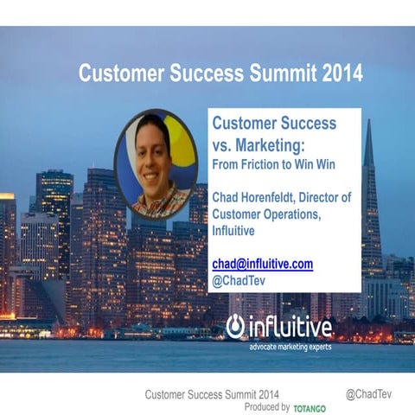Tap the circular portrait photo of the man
(157, 164)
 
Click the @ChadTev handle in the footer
(369, 394)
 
